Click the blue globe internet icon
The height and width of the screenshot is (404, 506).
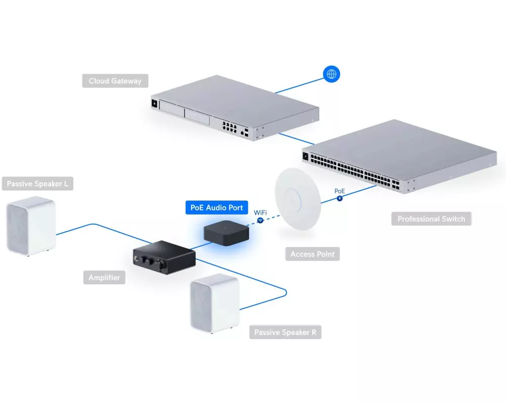tap(331, 74)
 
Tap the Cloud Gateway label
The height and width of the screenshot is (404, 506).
tap(115, 81)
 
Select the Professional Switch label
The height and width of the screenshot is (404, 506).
tap(431, 219)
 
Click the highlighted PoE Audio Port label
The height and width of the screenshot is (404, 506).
tap(217, 208)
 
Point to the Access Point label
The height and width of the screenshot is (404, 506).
tap(312, 254)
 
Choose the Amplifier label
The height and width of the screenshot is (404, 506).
tap(104, 277)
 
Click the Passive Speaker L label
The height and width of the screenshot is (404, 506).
tap(37, 184)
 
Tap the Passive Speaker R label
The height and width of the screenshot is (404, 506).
tap(285, 332)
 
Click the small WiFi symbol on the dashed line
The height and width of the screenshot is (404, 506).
tap(260, 221)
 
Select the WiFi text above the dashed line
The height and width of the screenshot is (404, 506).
tap(260, 213)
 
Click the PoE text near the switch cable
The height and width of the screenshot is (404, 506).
tap(340, 191)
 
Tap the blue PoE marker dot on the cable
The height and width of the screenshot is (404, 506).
tap(340, 198)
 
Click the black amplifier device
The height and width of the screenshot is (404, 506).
tap(163, 258)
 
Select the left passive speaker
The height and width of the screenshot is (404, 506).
tap(31, 226)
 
